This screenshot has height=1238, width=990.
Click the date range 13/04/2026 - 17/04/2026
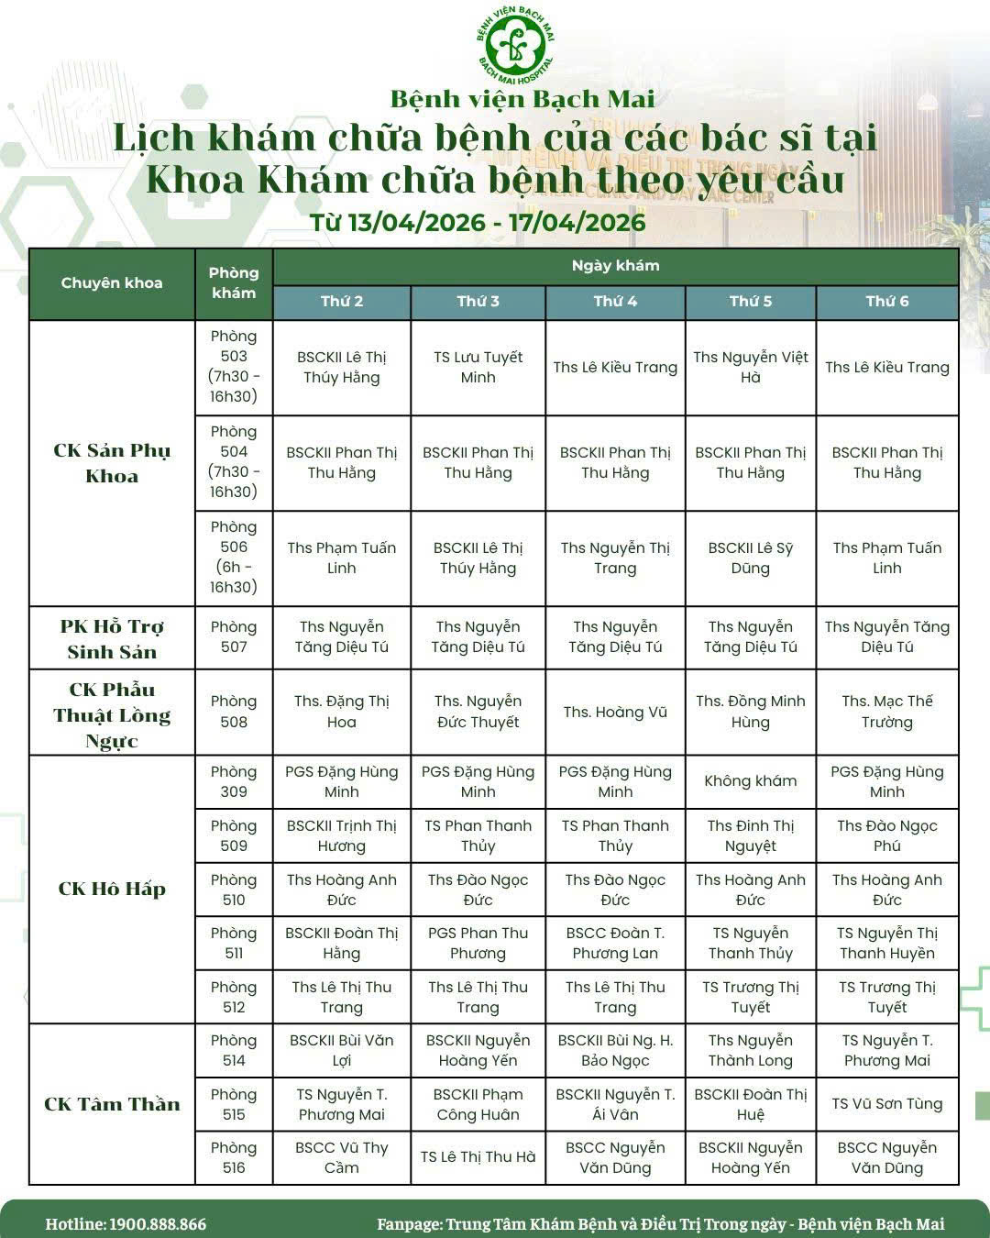[x=478, y=223]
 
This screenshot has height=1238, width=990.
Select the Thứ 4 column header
[x=615, y=302]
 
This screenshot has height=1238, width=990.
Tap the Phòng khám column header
[x=234, y=282]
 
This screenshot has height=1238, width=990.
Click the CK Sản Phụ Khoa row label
[x=112, y=463]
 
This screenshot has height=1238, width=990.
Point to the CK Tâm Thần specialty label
[x=112, y=1104]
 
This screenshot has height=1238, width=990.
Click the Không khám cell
[x=750, y=781]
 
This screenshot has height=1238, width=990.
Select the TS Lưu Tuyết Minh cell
[x=478, y=367]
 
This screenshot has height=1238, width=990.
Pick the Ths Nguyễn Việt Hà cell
[x=750, y=367]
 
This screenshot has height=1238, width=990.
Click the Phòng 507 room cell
[x=234, y=636]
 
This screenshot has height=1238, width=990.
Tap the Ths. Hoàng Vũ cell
[x=615, y=713]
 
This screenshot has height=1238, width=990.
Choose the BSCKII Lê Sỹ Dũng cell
[x=750, y=558]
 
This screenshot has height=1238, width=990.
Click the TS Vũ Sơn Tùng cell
[x=886, y=1104]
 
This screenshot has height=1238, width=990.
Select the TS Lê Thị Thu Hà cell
[x=478, y=1157]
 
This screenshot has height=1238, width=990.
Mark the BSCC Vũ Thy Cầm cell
[x=341, y=1157]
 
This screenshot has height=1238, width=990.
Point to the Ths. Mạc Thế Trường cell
[x=886, y=712]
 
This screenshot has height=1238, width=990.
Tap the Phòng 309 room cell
[x=234, y=781]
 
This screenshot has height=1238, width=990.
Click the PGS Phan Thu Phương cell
[x=478, y=943]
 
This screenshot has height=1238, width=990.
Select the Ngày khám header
[x=615, y=266]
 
